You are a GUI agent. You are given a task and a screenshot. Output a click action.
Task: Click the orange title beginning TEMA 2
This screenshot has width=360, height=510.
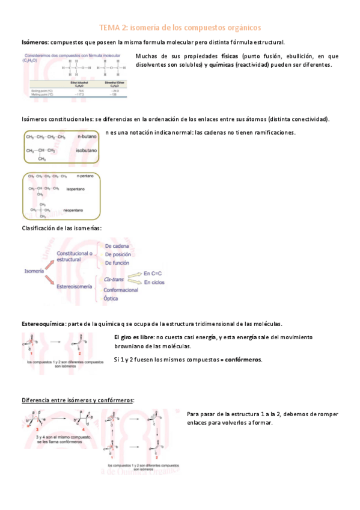point(180,28)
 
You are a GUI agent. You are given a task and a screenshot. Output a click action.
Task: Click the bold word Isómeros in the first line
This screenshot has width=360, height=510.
point(35,43)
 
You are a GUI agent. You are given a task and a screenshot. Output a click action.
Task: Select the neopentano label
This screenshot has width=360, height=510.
point(73,211)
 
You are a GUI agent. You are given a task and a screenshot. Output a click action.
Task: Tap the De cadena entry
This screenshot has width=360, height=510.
point(117,246)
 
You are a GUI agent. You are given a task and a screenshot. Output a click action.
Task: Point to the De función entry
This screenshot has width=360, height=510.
point(118,263)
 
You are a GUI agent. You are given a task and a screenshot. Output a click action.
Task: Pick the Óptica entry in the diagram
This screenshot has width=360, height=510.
point(112,298)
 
